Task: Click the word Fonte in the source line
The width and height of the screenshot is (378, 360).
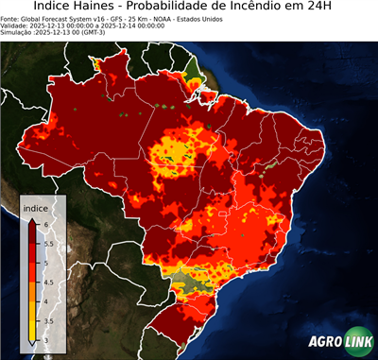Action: tap(11, 18)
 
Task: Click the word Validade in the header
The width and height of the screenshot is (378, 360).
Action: tap(16, 26)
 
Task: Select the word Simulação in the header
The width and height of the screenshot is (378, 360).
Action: tap(18, 33)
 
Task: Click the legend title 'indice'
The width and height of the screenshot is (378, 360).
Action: tap(35, 207)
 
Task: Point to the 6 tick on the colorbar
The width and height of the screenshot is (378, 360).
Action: tap(45, 222)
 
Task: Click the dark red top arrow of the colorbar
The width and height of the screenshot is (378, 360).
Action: tap(32, 219)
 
